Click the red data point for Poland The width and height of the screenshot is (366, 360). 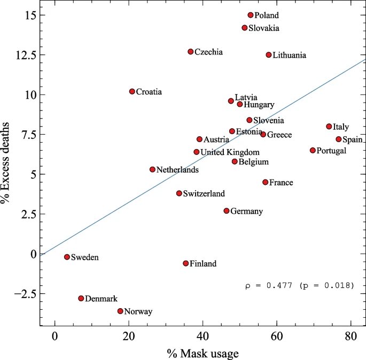[251, 15]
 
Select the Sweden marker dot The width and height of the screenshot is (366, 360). [67, 257]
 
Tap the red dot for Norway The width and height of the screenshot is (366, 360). [120, 311]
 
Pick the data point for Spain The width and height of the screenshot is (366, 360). [339, 139]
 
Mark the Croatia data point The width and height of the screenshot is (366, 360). [132, 91]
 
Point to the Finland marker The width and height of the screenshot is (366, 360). [186, 263]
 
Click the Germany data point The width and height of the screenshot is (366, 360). [227, 211]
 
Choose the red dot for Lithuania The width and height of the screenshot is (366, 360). [269, 54]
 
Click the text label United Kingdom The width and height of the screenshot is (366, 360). [230, 152]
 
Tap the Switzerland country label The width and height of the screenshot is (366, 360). [204, 193]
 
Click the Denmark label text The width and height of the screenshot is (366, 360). [101, 299]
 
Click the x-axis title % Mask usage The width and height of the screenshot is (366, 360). [202, 353]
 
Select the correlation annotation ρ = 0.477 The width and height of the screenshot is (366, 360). [299, 286]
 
